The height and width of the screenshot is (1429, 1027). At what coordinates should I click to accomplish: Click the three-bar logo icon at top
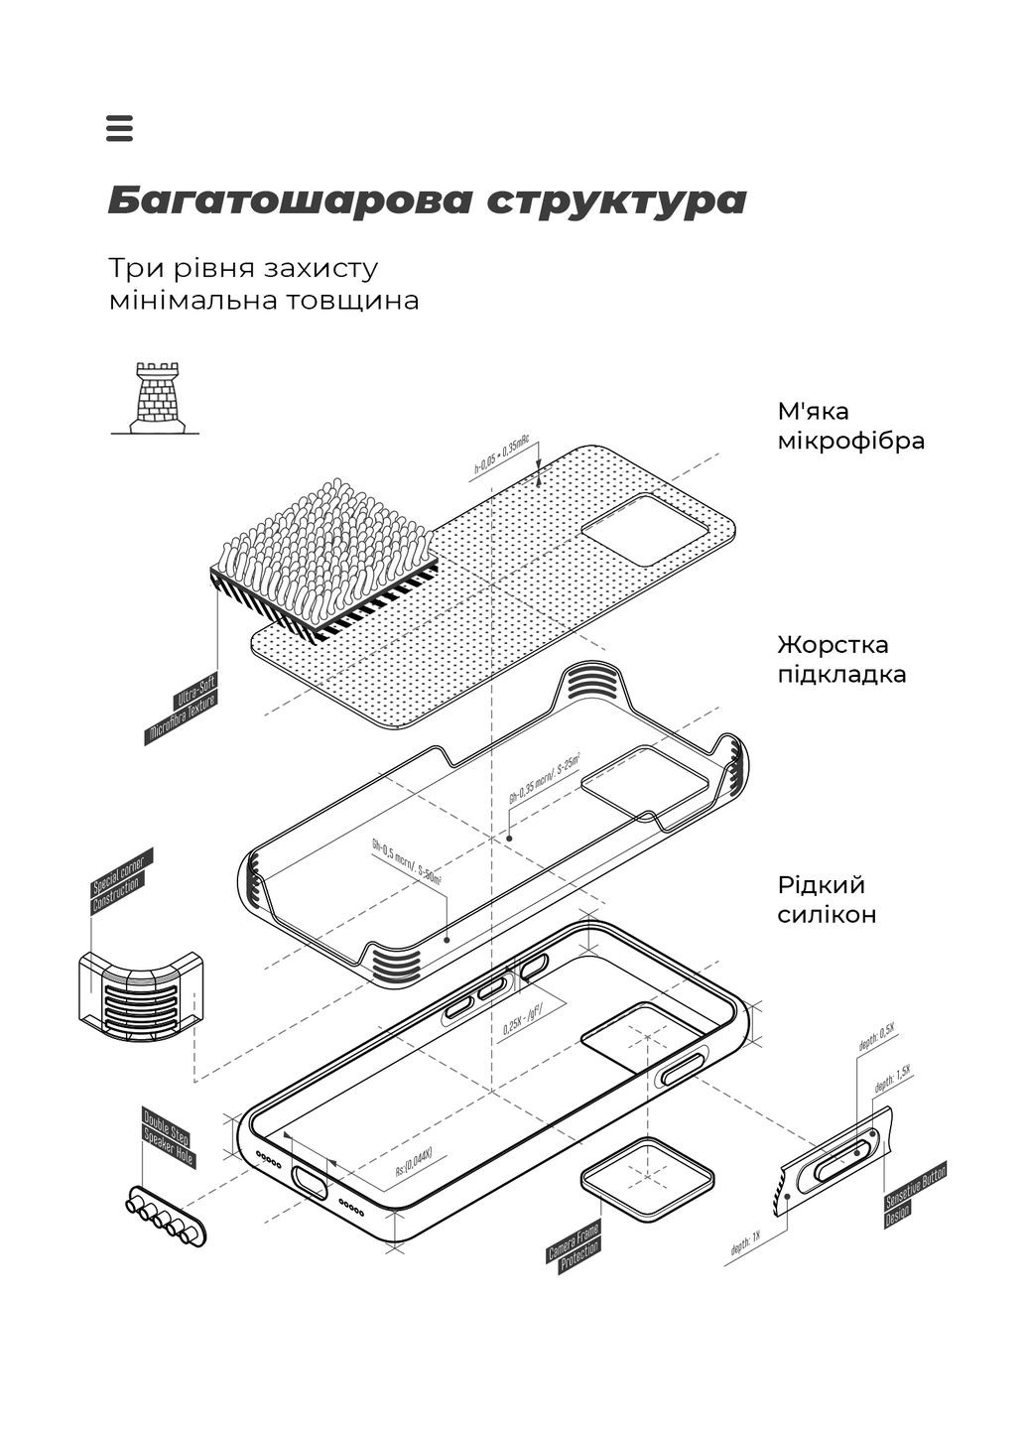pos(119,128)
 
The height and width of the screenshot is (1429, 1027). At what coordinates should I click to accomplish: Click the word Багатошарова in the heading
pos(288,200)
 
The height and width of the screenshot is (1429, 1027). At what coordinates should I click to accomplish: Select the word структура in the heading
pos(616,200)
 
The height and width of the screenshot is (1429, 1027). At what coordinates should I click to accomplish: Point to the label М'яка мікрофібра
pos(850,426)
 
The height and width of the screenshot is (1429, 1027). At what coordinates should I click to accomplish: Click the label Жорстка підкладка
pos(841,660)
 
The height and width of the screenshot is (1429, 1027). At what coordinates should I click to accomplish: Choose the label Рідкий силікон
pos(827,899)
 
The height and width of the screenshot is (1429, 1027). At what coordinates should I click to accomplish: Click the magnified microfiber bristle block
pos(322,556)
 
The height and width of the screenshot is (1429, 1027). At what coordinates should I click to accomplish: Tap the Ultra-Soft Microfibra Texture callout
pos(184,708)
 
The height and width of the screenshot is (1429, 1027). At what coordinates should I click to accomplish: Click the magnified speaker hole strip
pos(165,1216)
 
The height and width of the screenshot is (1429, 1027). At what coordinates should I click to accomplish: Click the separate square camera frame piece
pos(647,1177)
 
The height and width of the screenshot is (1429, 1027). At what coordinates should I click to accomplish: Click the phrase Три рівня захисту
pos(243,269)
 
